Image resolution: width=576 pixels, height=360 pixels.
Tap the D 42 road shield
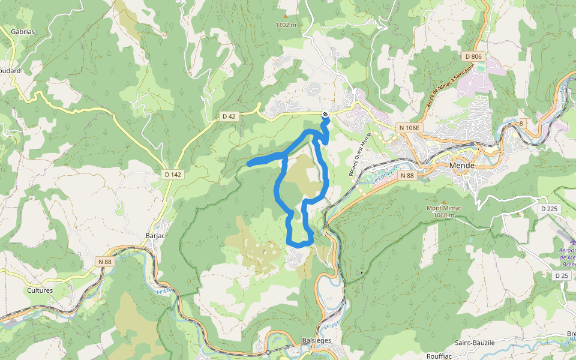point(229,116)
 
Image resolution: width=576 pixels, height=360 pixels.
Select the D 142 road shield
point(172,175)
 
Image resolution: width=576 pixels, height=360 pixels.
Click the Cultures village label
point(40,290)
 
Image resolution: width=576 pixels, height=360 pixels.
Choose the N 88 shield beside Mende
point(406,175)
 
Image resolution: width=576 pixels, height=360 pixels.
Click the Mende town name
point(462,165)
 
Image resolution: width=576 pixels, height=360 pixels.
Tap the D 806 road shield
point(473,56)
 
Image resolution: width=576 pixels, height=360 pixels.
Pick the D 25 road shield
point(562,275)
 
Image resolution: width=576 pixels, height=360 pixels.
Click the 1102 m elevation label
point(286,25)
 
